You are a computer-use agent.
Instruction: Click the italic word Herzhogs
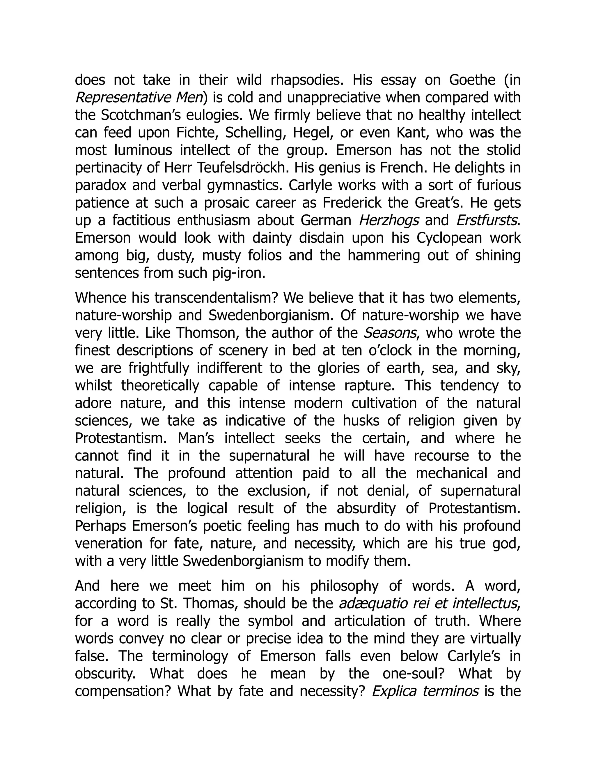click(389, 221)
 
